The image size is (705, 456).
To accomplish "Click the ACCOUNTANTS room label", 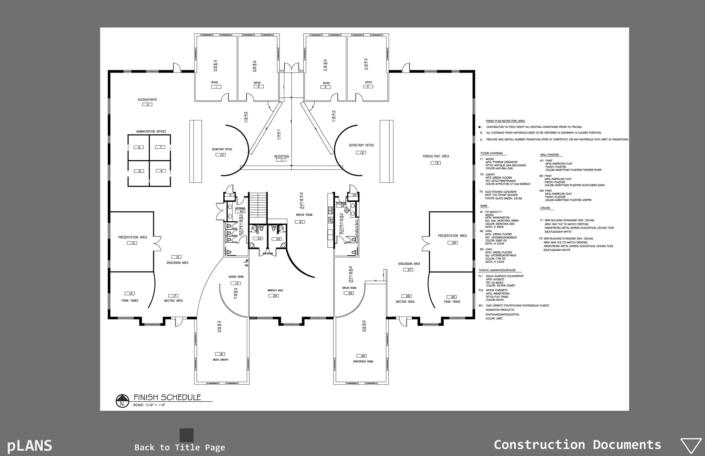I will [147, 100].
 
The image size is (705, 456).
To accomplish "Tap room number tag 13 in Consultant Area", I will [436, 163].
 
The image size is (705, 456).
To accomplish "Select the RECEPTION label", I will [282, 157].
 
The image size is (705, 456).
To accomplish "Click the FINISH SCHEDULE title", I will [167, 397].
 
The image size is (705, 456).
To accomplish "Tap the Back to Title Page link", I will [180, 447].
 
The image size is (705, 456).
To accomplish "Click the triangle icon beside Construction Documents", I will [691, 446].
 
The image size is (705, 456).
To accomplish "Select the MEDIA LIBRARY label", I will [221, 360].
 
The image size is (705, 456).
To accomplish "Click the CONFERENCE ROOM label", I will [363, 362].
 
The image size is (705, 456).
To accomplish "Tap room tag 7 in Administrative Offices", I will [160, 147].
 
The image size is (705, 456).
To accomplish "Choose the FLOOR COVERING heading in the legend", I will [492, 153].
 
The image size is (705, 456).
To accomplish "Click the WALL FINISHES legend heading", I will [549, 155].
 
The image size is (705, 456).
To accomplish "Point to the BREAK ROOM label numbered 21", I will [304, 215].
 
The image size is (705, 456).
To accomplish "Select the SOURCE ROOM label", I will [236, 277].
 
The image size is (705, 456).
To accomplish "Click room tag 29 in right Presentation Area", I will [452, 243].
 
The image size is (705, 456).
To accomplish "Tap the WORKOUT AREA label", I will [275, 290].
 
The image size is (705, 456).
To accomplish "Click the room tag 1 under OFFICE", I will [216, 87].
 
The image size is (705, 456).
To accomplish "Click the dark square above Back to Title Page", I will [187, 435].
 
